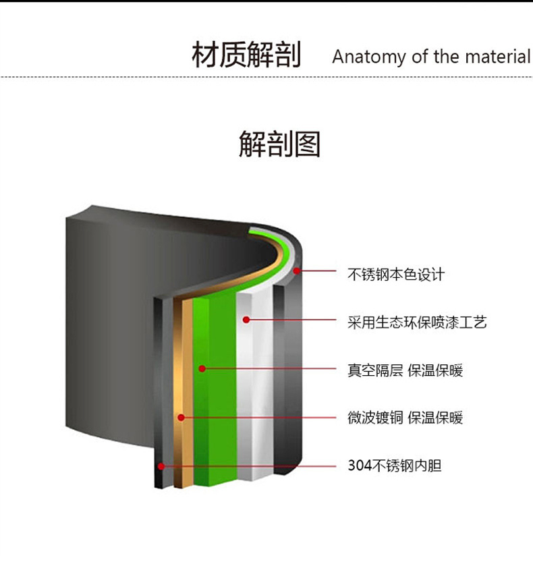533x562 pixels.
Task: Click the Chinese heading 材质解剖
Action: click(x=246, y=55)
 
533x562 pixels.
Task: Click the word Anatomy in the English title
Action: click(x=368, y=57)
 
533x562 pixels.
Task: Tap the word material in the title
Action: click(x=497, y=57)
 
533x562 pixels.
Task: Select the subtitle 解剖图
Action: click(x=279, y=144)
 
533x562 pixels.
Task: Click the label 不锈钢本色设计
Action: click(x=396, y=275)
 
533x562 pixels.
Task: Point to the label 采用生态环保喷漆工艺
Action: click(x=417, y=322)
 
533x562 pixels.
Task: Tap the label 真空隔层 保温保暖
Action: click(x=405, y=370)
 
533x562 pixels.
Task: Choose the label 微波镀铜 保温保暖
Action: click(x=405, y=418)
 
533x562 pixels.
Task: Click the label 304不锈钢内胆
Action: click(x=395, y=466)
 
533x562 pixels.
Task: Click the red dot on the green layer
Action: click(x=201, y=368)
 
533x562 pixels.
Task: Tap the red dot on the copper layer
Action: click(x=181, y=418)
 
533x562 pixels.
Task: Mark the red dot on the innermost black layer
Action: click(x=161, y=466)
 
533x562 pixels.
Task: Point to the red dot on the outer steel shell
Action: click(x=298, y=271)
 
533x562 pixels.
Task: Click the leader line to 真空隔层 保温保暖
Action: click(x=270, y=369)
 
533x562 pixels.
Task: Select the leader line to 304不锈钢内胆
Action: click(x=250, y=466)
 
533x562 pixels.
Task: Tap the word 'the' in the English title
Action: click(x=446, y=57)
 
